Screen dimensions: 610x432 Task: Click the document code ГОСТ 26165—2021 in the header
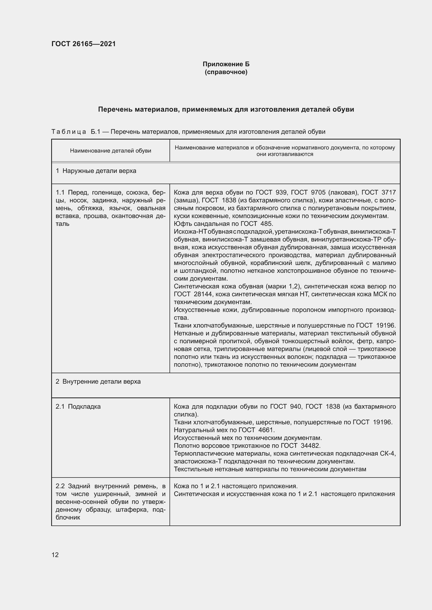tap(84, 44)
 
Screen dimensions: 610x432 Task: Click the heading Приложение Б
tap(226, 64)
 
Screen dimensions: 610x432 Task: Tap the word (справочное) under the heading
tap(226, 72)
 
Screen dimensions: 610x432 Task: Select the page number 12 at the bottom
tap(55, 555)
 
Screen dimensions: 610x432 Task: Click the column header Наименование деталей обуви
tap(110, 151)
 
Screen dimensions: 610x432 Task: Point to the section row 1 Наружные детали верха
tap(96, 171)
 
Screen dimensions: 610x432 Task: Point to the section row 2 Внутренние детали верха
tap(98, 382)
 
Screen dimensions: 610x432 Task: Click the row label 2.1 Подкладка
tap(78, 407)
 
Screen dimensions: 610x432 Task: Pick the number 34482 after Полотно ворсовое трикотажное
tap(311, 445)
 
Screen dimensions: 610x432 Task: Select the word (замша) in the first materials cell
tap(186, 200)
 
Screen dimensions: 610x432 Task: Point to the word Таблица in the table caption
tap(69, 132)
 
